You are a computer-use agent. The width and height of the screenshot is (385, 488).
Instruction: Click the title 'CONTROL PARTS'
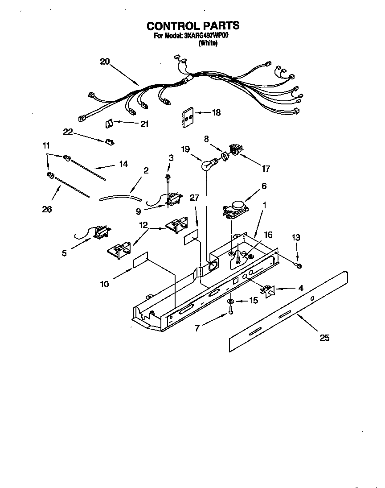click(193, 26)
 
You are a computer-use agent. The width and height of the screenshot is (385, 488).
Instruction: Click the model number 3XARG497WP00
click(206, 36)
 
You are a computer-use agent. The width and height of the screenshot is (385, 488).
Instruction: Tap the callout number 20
click(104, 62)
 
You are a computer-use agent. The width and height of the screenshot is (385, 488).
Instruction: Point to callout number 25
click(324, 338)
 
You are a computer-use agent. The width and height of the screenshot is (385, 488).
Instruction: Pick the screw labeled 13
click(299, 266)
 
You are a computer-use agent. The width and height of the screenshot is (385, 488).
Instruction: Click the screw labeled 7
click(231, 313)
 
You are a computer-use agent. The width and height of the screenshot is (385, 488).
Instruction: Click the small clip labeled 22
click(108, 142)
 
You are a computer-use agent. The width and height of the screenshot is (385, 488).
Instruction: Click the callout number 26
click(47, 209)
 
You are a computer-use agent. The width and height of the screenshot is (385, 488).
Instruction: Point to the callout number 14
click(123, 164)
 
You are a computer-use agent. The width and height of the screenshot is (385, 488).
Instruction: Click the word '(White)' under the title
click(208, 43)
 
